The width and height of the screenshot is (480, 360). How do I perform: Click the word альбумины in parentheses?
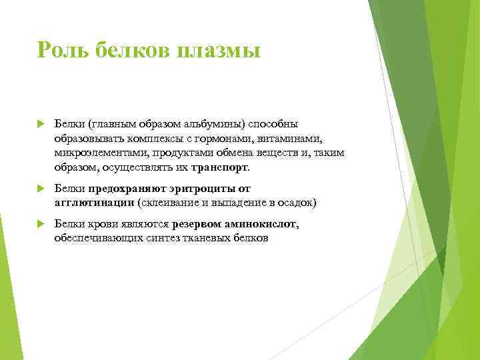tap(215, 124)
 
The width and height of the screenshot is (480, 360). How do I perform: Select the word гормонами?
tap(237, 139)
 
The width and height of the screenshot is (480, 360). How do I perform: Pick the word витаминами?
tap(294, 139)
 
